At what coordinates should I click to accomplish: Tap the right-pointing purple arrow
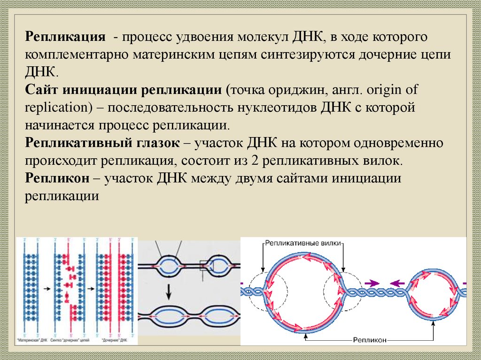point(372,283)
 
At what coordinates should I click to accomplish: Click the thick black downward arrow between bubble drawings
point(169,293)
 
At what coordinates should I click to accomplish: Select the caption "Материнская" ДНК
point(31,339)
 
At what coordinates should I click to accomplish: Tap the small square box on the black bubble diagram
point(207,266)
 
